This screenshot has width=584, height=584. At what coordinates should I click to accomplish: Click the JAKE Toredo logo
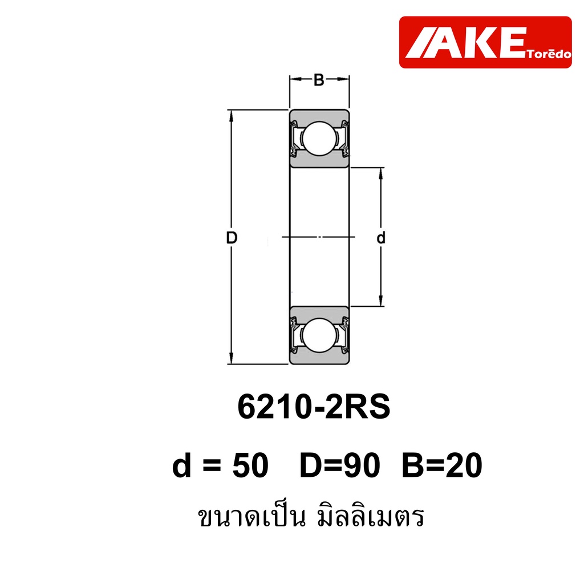click(x=485, y=42)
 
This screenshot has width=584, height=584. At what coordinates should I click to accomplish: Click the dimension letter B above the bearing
click(x=319, y=80)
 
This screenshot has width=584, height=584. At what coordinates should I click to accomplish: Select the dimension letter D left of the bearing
click(x=232, y=238)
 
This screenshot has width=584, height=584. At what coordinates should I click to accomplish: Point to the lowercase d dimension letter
click(x=380, y=238)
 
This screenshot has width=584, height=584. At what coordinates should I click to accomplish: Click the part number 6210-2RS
click(x=314, y=407)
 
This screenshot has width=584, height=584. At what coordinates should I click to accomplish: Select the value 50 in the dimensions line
click(x=250, y=465)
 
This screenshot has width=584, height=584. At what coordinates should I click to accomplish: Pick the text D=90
click(x=340, y=465)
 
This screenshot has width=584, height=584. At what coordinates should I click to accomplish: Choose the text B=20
click(x=442, y=465)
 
